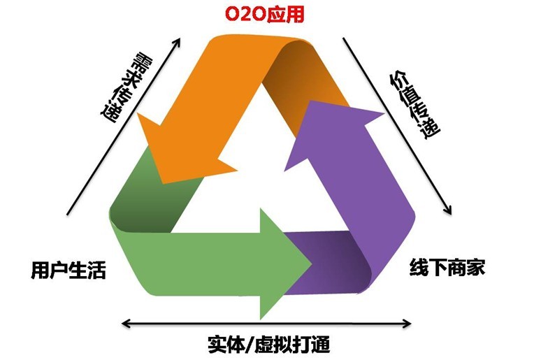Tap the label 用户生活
coord(67,270)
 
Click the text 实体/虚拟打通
coord(268,344)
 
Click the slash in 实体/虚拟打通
coord(247,344)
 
